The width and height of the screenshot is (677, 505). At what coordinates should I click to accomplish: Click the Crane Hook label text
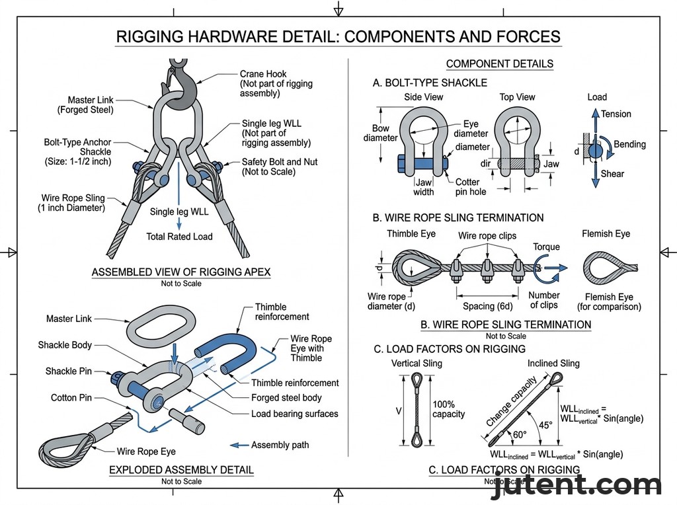[263, 75]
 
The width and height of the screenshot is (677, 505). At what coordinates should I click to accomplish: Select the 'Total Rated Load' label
[179, 237]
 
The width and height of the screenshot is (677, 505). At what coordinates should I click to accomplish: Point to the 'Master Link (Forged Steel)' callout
[91, 105]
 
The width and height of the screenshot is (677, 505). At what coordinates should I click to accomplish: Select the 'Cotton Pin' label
[71, 398]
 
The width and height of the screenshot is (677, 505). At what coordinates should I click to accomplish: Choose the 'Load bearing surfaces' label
[295, 414]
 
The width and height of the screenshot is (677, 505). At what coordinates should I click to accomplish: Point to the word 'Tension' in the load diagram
[616, 114]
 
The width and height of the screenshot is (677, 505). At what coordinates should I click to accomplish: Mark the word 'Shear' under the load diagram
[612, 174]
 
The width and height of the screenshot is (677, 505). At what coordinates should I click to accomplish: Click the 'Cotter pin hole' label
[471, 187]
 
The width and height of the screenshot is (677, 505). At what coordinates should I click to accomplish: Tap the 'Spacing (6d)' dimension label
[487, 306]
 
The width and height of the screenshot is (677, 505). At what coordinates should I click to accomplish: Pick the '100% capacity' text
[449, 409]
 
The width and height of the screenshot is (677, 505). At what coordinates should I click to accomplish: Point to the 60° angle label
[520, 435]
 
